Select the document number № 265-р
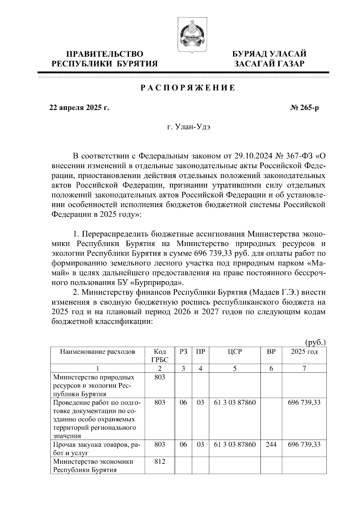pyautogui.click(x=303, y=108)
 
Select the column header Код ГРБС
pyautogui.click(x=160, y=356)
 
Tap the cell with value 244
pyautogui.click(x=271, y=445)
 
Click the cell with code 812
pyautogui.click(x=160, y=462)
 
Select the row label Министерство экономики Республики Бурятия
pyautogui.click(x=93, y=466)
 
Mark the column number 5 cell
pyautogui.click(x=235, y=369)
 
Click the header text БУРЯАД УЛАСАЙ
pyautogui.click(x=270, y=54)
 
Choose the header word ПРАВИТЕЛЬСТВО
pyautogui.click(x=105, y=54)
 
